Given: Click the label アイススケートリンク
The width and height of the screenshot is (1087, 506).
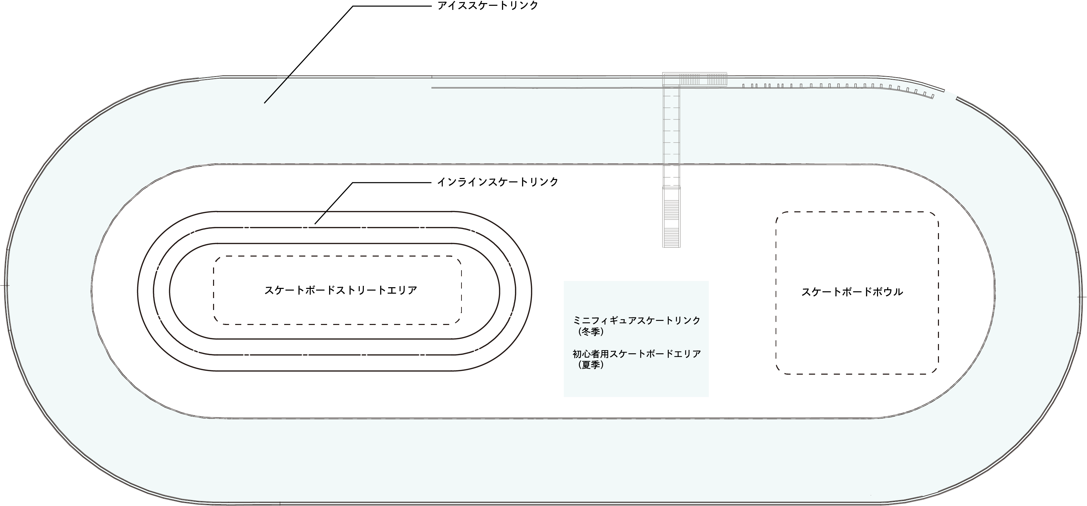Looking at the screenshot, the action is [x=487, y=6].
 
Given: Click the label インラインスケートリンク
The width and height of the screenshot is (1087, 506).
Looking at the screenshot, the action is [x=498, y=182].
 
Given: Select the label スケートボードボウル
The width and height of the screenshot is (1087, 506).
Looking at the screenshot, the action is [x=852, y=292].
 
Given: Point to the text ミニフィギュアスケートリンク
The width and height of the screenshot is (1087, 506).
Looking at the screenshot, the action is [x=636, y=321].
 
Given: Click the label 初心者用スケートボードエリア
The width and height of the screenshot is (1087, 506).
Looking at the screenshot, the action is [x=636, y=354].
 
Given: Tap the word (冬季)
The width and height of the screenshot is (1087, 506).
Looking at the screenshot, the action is [x=591, y=332].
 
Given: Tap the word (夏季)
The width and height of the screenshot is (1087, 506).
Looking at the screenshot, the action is [x=591, y=365].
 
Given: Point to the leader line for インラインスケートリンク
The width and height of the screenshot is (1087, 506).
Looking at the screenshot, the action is [x=334, y=203].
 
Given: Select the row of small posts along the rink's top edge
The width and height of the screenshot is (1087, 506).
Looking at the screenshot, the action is [x=835, y=86].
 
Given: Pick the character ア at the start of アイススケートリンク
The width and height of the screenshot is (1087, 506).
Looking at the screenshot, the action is [x=442, y=6].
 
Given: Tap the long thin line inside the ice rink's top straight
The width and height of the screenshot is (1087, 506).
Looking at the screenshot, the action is [x=549, y=88].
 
